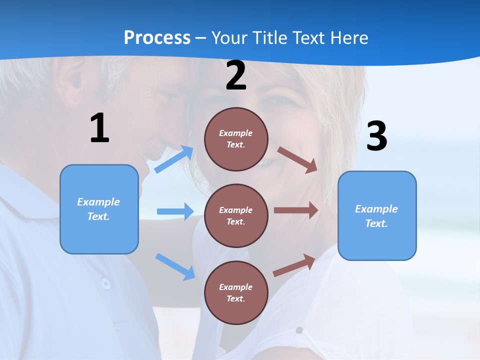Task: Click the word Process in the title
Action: [x=157, y=38]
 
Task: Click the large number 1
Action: [x=99, y=128]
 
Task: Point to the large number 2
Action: [x=236, y=75]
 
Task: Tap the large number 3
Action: [x=376, y=136]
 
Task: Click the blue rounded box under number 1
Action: [x=99, y=209]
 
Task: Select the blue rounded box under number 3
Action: [x=377, y=216]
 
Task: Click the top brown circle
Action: [x=236, y=139]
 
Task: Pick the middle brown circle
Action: [x=236, y=215]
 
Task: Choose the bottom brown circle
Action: [x=236, y=292]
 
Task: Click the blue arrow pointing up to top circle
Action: [x=174, y=159]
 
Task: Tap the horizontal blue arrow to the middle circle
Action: [x=175, y=211]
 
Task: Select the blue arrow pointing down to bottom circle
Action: [x=175, y=266]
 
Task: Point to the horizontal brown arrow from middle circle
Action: [x=296, y=210]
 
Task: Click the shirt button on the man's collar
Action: [x=106, y=283]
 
